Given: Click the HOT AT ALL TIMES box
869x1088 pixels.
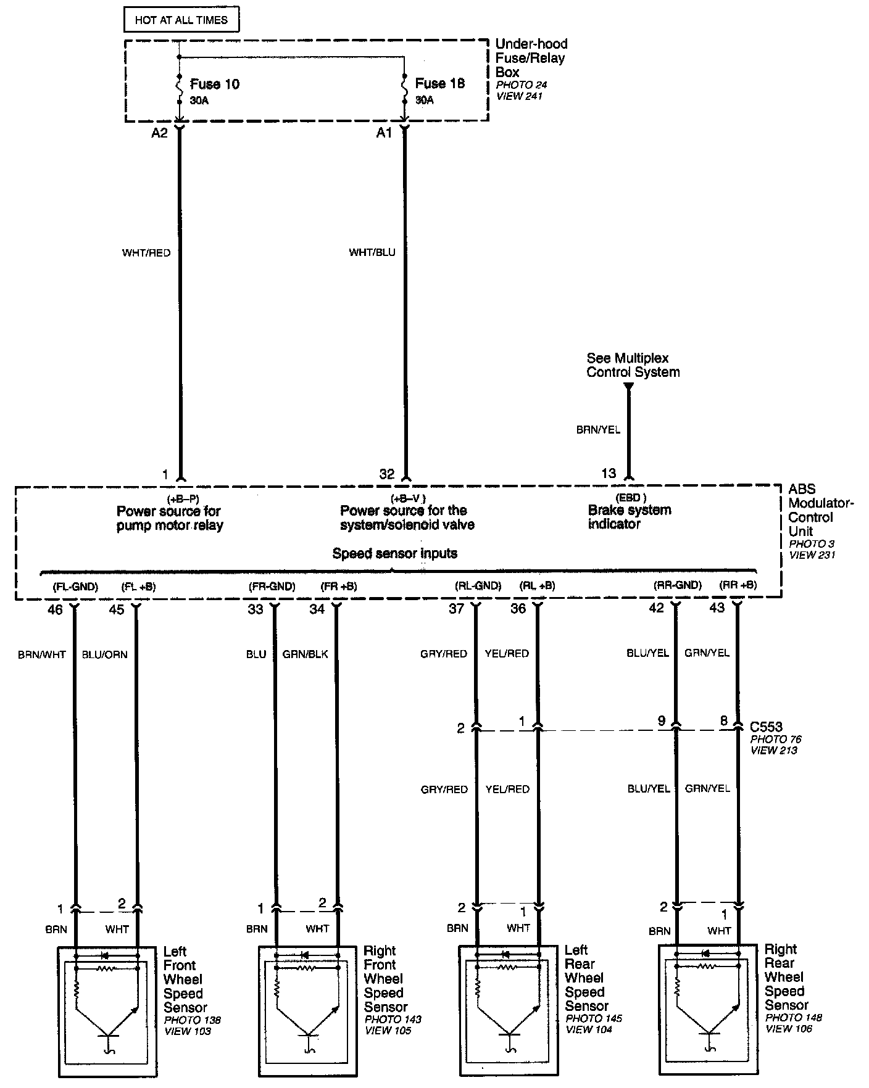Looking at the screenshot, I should (x=181, y=20).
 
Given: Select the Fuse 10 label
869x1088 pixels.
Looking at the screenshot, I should (x=214, y=84).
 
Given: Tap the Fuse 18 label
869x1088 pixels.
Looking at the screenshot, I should (x=439, y=83).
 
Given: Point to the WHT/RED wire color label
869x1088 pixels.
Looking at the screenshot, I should (x=146, y=253).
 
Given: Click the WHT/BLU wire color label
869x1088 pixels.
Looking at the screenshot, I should (x=372, y=252).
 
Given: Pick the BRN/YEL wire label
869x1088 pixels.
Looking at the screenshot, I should (x=598, y=430).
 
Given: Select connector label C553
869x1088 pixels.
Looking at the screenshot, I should (x=766, y=727).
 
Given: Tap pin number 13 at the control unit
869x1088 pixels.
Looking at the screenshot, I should (x=608, y=473).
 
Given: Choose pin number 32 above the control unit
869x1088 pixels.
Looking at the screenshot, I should (x=386, y=474).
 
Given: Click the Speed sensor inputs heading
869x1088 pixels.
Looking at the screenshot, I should (x=395, y=553).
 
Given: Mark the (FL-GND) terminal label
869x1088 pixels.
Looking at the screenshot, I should (x=75, y=587).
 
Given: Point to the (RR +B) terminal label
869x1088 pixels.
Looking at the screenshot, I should (x=738, y=585).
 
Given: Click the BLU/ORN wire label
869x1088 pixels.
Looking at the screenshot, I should (x=104, y=654).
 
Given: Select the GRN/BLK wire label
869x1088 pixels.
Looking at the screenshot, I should (x=305, y=654).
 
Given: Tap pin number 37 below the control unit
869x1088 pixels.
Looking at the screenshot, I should (x=456, y=609).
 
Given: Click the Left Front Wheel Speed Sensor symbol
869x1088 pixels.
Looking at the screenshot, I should (x=107, y=1011).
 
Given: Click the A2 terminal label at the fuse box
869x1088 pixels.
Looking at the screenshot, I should (x=159, y=133).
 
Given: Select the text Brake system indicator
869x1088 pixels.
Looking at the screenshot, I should (x=629, y=517).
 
